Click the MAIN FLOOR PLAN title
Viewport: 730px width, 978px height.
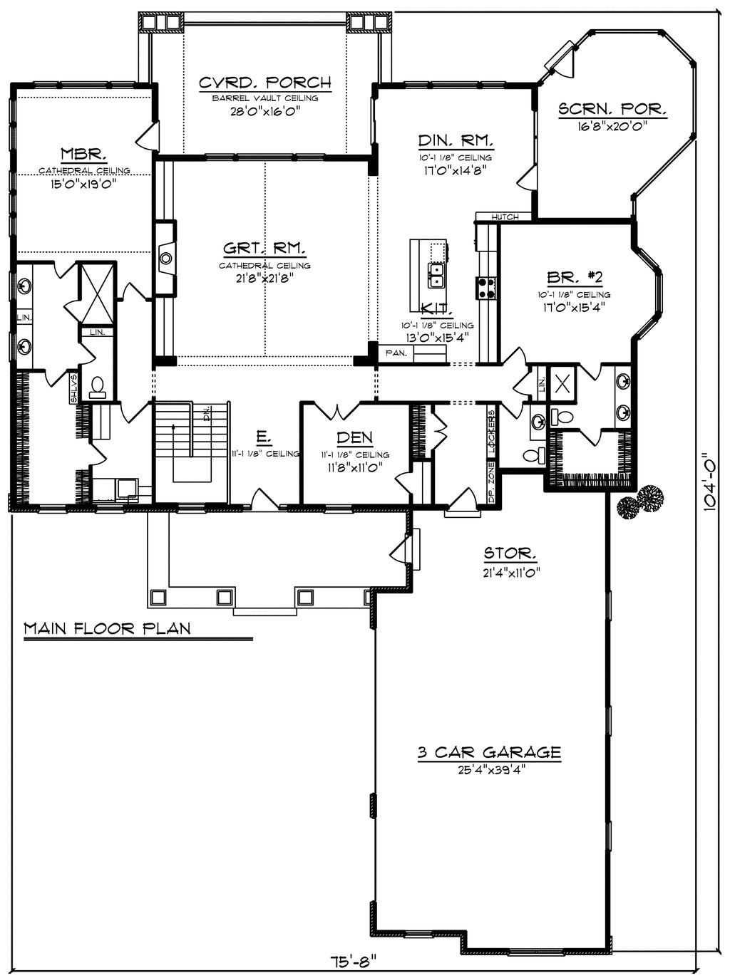pyautogui.click(x=107, y=628)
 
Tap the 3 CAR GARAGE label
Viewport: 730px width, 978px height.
pyautogui.click(x=489, y=752)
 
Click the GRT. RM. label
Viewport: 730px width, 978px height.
pyautogui.click(x=265, y=249)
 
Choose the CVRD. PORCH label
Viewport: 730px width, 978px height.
pyautogui.click(x=264, y=83)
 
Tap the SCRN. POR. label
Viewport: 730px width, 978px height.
pyautogui.click(x=612, y=110)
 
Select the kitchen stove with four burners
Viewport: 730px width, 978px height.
pyautogui.click(x=487, y=288)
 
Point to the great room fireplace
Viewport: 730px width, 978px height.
pyautogui.click(x=166, y=259)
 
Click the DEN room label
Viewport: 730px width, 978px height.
pyautogui.click(x=354, y=437)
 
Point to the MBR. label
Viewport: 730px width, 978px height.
pyautogui.click(x=83, y=154)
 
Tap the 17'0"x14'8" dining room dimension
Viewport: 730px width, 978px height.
pyautogui.click(x=453, y=171)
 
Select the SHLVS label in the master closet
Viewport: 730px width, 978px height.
pyautogui.click(x=73, y=388)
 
